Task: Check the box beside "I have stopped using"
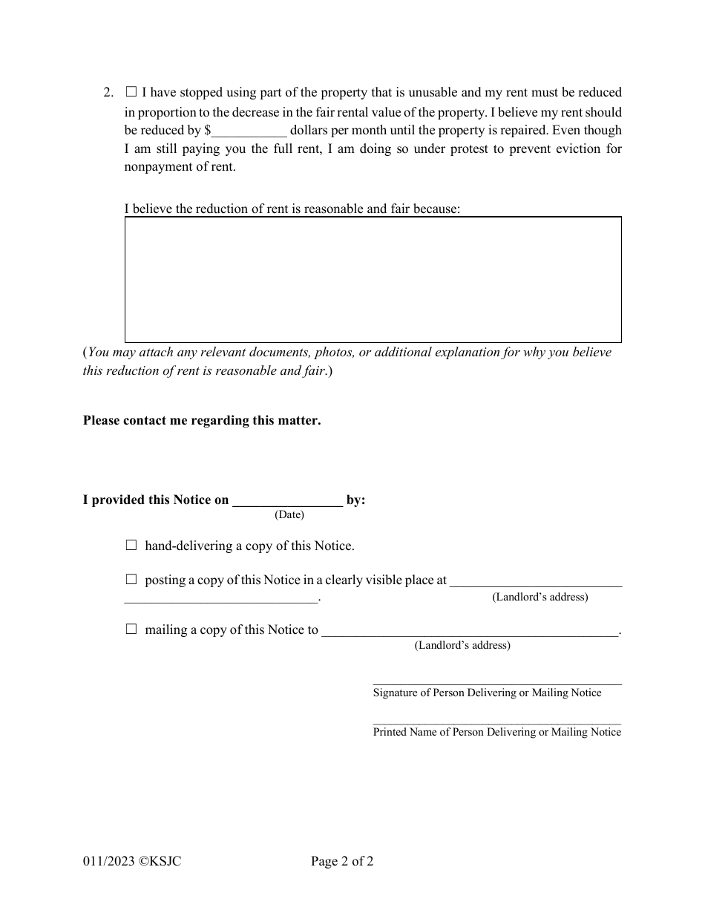tap(131, 92)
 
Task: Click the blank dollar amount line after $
tap(249, 131)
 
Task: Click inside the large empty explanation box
tap(373, 279)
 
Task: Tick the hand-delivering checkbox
tap(131, 545)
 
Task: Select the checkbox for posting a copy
tap(131, 579)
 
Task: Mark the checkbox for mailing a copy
tap(131, 629)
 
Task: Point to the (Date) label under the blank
tap(289, 514)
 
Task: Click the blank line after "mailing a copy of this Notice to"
tap(469, 630)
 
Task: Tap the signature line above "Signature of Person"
tap(496, 682)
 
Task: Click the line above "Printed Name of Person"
tap(496, 721)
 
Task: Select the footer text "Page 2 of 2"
tap(342, 862)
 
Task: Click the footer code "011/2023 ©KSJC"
tap(132, 862)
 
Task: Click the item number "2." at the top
tap(108, 93)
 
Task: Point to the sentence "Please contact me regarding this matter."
tap(202, 420)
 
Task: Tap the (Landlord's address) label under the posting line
tap(540, 597)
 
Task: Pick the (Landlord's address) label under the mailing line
tap(462, 645)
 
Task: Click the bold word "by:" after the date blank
tap(356, 500)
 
